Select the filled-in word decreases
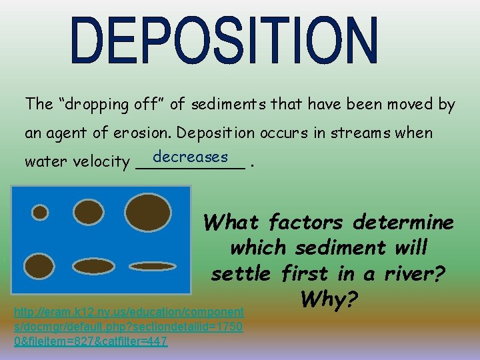(191, 157)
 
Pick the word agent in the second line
(68, 133)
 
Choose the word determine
(413, 221)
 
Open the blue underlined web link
(129, 326)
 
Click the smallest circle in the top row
(40, 213)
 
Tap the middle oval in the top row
(89, 213)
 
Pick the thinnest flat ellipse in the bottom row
(151, 266)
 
